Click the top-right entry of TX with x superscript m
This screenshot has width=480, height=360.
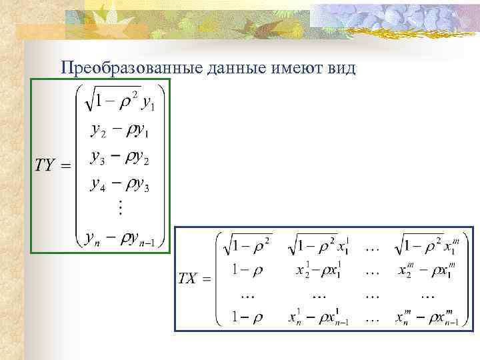point(425,246)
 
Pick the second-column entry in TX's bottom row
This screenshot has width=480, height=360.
point(319,319)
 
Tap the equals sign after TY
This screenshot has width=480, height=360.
point(65,165)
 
